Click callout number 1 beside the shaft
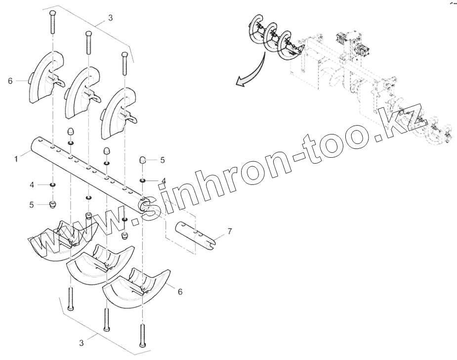click(x=16, y=159)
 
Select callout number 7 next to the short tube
click(x=229, y=231)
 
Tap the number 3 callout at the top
click(x=110, y=18)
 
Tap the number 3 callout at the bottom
click(x=81, y=341)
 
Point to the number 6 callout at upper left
click(x=10, y=81)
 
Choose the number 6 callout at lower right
click(x=180, y=292)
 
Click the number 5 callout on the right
click(x=163, y=160)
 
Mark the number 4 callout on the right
click(x=163, y=180)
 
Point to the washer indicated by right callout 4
click(x=142, y=180)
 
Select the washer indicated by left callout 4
click(x=53, y=185)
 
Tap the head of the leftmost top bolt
click(x=52, y=12)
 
